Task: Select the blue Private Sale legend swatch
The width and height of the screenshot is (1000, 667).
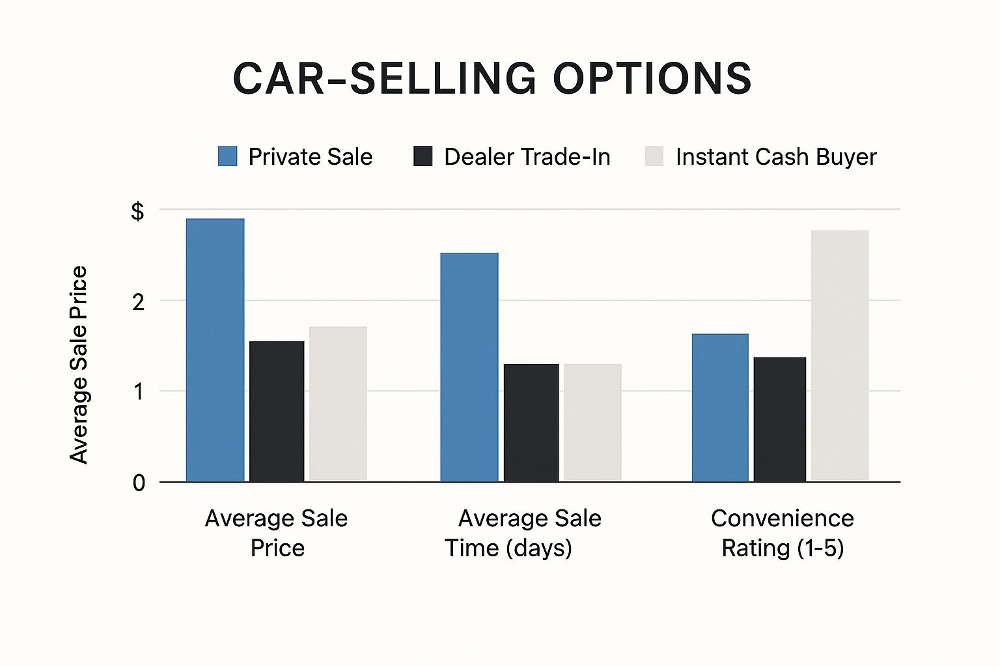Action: pos(227,156)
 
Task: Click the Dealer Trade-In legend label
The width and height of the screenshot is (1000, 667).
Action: pos(527,157)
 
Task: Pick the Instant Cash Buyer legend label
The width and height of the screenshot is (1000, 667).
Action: pos(775,157)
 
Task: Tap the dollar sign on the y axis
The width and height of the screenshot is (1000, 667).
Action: pos(137,211)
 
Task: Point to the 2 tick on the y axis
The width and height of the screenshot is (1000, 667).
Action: pos(138,302)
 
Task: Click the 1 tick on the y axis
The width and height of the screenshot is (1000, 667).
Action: pos(138,392)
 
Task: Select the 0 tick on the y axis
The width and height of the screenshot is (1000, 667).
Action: pos(139,483)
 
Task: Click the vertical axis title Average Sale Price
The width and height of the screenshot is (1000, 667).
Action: pos(79,365)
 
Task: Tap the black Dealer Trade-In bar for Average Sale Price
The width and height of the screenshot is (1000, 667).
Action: pos(277,412)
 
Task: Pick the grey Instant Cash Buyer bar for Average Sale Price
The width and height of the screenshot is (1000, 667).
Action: pos(338,404)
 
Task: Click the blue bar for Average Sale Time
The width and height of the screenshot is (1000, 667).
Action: pos(469,367)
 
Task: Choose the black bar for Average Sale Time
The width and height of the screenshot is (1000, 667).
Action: pos(531,423)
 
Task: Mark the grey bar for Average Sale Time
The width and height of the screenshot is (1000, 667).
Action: pos(592,423)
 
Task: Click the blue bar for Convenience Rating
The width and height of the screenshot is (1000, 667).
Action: pos(720,408)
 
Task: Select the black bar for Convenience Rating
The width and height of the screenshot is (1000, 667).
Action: pos(780,419)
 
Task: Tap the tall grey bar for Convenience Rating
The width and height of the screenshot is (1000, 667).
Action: pos(840,356)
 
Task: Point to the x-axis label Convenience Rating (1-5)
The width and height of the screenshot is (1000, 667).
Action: pos(783,533)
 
